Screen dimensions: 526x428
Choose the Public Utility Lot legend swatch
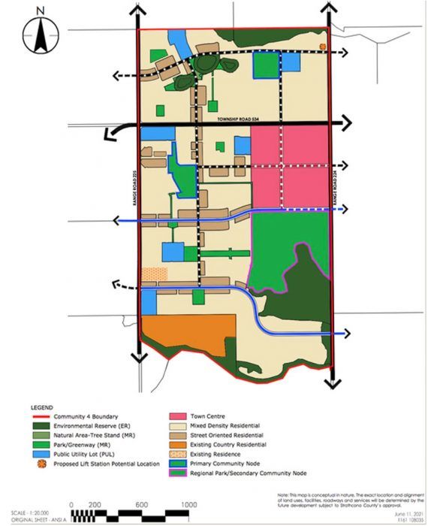[45, 454]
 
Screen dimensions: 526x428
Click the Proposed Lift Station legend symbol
[45, 464]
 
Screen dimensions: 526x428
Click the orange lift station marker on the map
[323, 46]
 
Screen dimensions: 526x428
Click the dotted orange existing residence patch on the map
[155, 275]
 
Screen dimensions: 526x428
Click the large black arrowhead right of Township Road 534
[345, 123]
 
